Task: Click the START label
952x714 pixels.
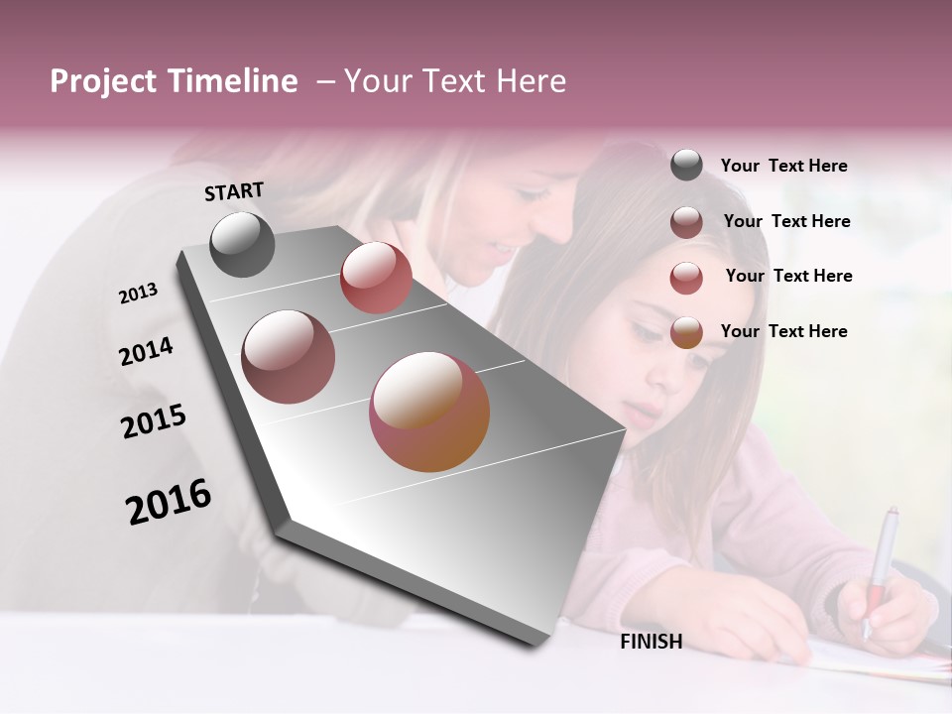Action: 234,191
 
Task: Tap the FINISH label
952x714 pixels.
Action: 652,642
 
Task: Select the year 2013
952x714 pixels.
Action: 139,294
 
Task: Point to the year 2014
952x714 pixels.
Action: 147,351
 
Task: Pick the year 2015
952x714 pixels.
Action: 154,421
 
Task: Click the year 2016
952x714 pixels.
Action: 169,502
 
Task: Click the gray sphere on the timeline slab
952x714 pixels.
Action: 242,244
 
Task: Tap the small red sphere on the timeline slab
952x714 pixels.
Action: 376,277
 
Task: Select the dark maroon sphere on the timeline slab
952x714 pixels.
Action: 288,357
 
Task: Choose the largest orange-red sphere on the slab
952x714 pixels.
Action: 429,412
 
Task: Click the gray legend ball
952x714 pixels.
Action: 686,165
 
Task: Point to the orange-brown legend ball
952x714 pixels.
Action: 686,333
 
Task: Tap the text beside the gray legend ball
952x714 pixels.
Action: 783,166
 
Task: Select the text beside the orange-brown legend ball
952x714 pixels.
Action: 783,331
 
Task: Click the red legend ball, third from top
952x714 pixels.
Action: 686,278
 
